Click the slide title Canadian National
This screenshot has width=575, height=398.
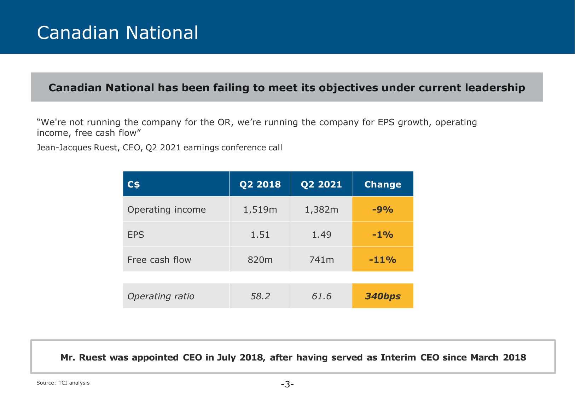tap(117, 33)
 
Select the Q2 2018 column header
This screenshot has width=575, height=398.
tap(260, 184)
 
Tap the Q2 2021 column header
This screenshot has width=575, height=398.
tap(321, 184)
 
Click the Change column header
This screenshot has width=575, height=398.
tap(383, 184)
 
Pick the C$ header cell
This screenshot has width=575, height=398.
tap(134, 184)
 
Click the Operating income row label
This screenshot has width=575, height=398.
tap(167, 209)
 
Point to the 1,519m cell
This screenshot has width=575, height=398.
tap(260, 209)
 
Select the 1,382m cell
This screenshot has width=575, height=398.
tap(321, 209)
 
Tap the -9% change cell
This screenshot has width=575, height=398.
tap(383, 209)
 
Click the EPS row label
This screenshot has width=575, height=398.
tap(136, 235)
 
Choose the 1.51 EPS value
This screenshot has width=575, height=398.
tap(260, 235)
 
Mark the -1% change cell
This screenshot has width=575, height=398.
tap(383, 235)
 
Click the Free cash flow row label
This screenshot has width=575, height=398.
tap(159, 260)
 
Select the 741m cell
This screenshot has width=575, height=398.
tap(321, 260)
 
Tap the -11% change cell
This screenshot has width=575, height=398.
tap(383, 260)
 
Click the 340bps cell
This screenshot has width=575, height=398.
tap(383, 296)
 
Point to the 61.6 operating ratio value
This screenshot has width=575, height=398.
tap(321, 296)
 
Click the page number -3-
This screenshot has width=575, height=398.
tap(287, 384)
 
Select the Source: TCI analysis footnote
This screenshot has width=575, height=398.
tap(63, 383)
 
